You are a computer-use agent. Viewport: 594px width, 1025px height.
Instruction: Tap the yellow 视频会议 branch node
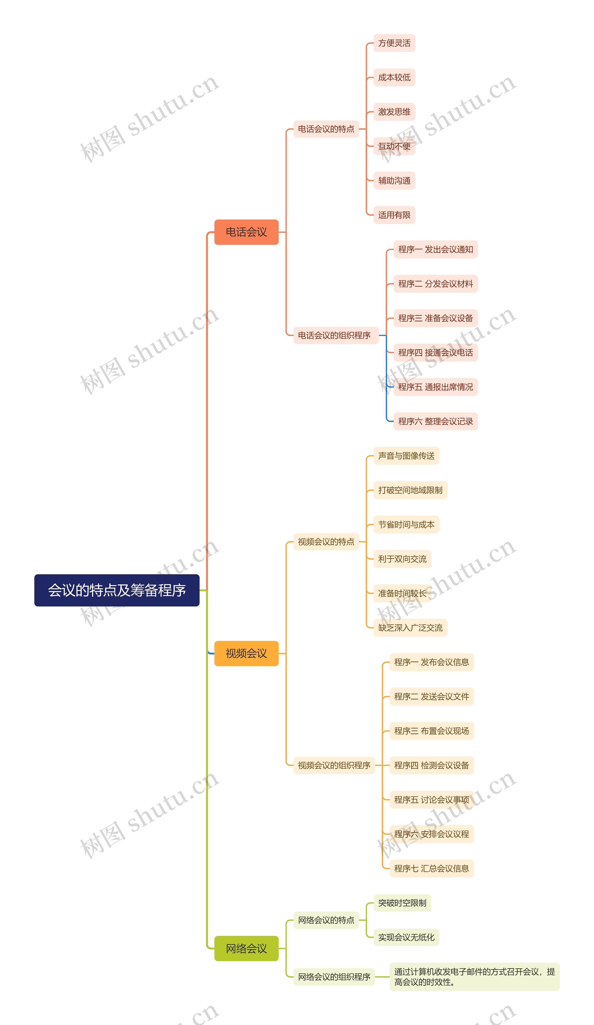click(246, 653)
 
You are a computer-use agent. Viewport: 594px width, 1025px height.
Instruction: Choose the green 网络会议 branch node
click(246, 948)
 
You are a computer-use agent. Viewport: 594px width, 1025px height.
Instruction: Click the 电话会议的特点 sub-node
click(326, 129)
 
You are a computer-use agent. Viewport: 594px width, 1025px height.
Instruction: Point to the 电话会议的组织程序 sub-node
click(334, 335)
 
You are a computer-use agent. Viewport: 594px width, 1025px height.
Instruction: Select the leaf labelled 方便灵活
click(394, 43)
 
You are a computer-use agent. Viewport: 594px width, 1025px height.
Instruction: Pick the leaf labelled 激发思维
click(394, 112)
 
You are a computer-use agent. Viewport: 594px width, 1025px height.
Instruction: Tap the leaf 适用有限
click(394, 215)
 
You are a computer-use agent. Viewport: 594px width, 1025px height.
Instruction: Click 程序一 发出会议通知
click(435, 249)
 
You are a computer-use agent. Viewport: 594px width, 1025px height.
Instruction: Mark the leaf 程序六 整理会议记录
click(435, 421)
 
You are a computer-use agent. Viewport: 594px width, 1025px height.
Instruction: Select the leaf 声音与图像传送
click(406, 456)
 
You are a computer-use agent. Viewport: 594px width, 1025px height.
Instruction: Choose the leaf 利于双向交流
click(402, 559)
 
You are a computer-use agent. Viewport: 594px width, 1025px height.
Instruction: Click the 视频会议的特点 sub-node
click(326, 542)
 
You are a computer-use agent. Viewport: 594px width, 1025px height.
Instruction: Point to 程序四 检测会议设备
click(431, 765)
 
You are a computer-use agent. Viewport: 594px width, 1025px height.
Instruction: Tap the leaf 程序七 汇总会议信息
click(431, 868)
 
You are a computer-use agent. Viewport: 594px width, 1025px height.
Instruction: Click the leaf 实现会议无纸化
click(406, 937)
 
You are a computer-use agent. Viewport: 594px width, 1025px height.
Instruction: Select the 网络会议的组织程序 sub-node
click(334, 977)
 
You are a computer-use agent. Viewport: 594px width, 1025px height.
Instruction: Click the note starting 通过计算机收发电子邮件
click(474, 977)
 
